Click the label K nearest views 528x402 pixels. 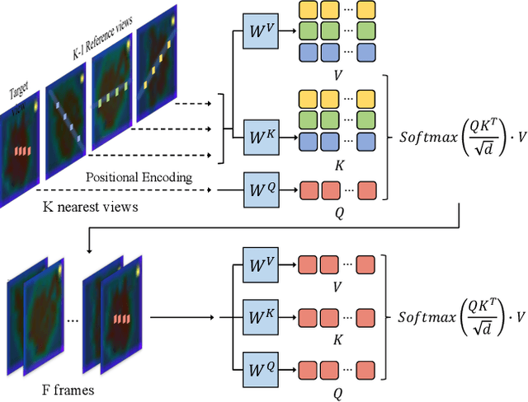point(91,207)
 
